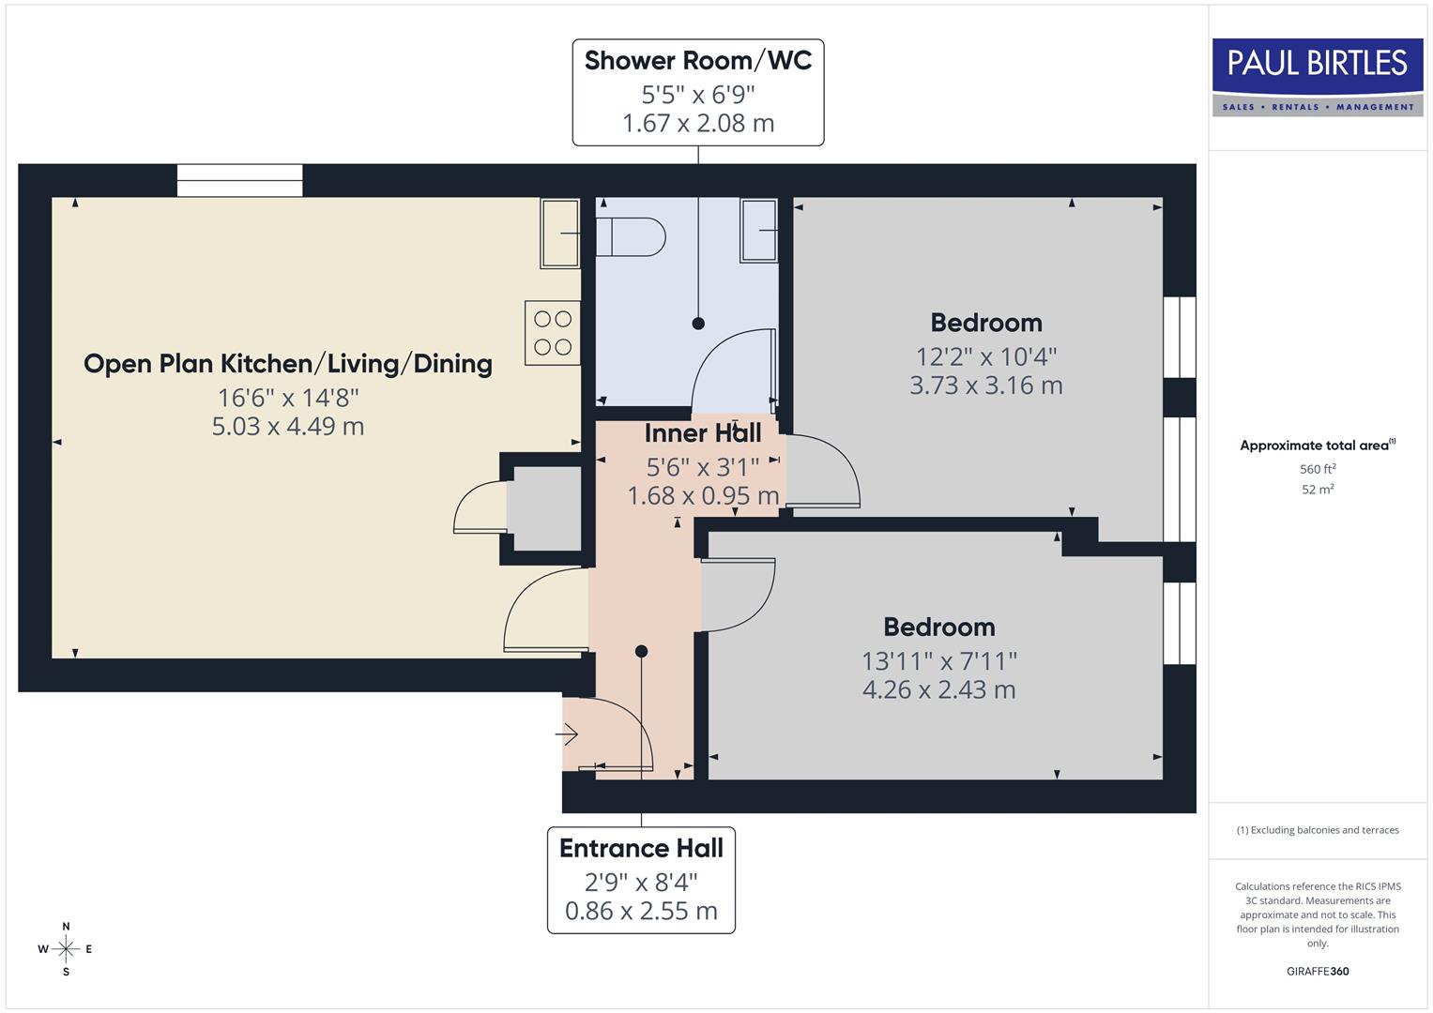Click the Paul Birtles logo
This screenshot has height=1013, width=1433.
click(1318, 77)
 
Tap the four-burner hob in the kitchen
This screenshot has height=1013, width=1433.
click(553, 333)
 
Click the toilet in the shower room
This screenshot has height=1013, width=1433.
click(632, 236)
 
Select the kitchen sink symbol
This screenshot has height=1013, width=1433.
click(559, 233)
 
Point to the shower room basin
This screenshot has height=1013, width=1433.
click(759, 230)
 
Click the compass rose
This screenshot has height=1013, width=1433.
click(66, 949)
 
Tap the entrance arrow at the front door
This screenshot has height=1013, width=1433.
click(568, 734)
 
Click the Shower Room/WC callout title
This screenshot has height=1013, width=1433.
click(697, 61)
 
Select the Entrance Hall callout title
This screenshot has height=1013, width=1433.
click(641, 849)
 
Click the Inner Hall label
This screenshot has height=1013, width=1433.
click(702, 433)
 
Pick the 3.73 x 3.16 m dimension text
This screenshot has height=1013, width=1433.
click(985, 386)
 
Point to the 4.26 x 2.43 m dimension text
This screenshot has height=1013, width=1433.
click(938, 689)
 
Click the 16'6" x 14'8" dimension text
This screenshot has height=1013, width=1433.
click(288, 398)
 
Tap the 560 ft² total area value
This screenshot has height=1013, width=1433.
click(1318, 469)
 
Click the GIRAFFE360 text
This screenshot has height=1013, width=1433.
click(1318, 971)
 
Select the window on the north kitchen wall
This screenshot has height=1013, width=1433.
click(240, 180)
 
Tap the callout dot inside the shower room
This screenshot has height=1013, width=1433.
click(698, 324)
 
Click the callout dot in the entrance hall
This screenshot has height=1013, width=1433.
click(641, 651)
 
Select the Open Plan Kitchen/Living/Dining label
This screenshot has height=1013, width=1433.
click(288, 364)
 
